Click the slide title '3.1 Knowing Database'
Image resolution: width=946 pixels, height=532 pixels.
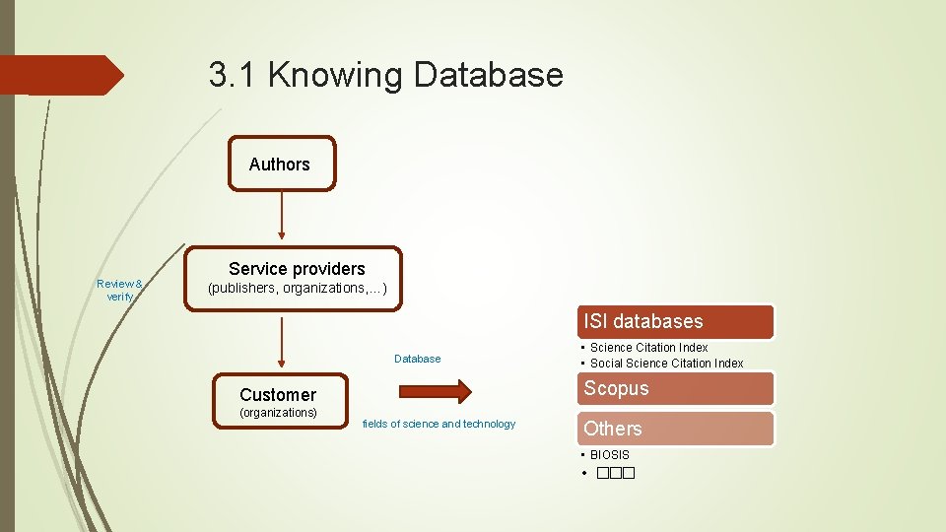[x=385, y=75]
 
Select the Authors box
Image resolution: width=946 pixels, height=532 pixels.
[x=282, y=164]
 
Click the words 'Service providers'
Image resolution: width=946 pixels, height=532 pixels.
[x=297, y=268]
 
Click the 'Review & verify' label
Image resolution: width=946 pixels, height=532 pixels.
[x=119, y=290]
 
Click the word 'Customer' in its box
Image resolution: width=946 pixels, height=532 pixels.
[x=278, y=394]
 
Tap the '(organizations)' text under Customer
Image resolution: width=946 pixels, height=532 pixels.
[x=278, y=413]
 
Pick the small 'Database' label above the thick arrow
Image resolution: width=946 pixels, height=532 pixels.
[x=417, y=359]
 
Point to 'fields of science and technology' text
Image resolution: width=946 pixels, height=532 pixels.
[x=439, y=424]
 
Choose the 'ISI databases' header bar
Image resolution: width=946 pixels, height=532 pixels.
[x=675, y=321]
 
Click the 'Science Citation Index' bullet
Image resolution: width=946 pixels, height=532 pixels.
[x=648, y=348]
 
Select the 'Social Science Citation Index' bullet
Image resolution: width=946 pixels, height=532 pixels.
[x=666, y=364]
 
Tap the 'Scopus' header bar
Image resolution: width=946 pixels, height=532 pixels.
[x=675, y=388]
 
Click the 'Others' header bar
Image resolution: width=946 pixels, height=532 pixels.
[x=675, y=429]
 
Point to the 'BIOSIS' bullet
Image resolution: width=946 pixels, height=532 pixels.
[x=609, y=455]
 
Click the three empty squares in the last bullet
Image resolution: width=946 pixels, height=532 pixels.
[x=613, y=474]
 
